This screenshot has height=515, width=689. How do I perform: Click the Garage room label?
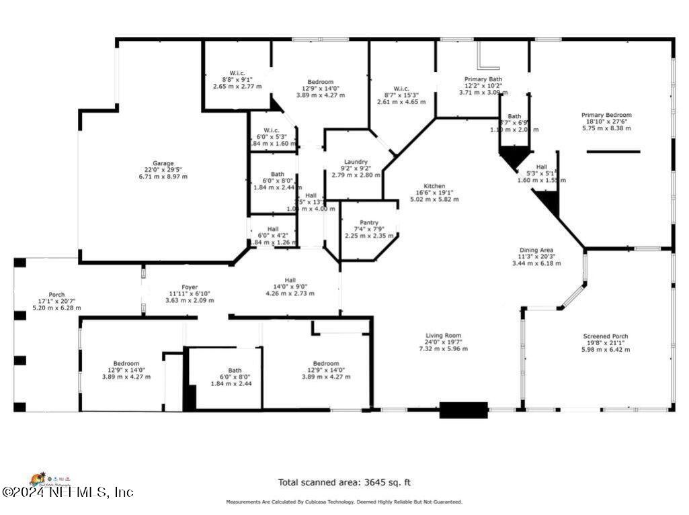pos(163,163)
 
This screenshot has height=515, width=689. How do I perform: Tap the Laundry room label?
pos(356,162)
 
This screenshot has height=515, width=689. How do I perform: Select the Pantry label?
pos(369,223)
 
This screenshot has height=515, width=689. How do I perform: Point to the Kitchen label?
pos(434,186)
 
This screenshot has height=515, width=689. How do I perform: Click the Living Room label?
pos(443,336)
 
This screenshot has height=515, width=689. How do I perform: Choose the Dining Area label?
pos(536,250)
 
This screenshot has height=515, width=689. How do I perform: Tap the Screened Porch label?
pos(606,336)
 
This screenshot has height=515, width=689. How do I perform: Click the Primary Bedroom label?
pos(606,115)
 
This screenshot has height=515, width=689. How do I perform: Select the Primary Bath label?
pos(483,79)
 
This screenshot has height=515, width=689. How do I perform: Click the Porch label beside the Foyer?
pos(56,295)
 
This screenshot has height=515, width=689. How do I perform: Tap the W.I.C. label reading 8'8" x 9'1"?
pos(237,73)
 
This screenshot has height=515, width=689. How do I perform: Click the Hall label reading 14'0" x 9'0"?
pos(290,280)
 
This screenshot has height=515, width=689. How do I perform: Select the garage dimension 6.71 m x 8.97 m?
pos(163,177)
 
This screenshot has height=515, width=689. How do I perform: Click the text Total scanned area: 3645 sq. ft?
pos(344,482)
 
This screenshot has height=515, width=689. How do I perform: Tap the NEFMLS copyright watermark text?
pos(67,492)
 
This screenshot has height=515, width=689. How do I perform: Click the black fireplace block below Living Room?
pos(463,410)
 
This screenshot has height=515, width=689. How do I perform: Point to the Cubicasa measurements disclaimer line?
pos(344,502)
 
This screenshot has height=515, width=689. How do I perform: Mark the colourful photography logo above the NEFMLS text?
pos(47,479)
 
